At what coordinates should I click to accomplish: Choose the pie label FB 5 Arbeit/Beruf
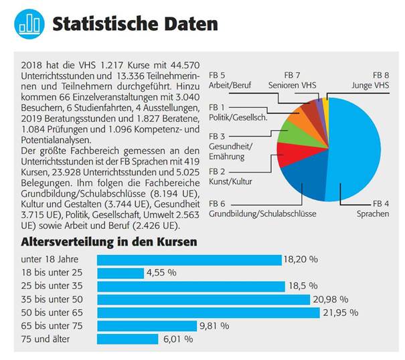(231, 81)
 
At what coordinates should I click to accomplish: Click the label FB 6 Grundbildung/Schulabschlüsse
(262, 208)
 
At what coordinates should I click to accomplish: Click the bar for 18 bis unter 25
(120, 273)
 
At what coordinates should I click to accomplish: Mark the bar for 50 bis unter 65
(208, 312)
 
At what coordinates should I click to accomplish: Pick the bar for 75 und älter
(127, 339)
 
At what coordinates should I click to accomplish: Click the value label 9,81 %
(214, 326)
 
